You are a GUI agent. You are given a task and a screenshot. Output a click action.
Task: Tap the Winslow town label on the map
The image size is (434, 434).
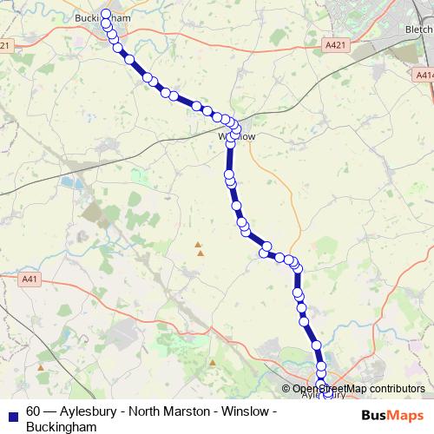(x=237, y=136)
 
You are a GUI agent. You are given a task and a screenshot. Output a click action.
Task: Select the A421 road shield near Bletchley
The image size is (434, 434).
(x=335, y=44)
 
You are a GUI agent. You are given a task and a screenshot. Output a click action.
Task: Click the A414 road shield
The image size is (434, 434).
(x=424, y=76)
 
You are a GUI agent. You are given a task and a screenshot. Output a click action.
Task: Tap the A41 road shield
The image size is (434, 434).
(x=30, y=279)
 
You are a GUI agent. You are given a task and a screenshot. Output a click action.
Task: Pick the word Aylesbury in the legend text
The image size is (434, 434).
(x=88, y=411)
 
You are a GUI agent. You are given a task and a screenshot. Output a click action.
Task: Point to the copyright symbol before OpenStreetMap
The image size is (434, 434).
(x=286, y=389)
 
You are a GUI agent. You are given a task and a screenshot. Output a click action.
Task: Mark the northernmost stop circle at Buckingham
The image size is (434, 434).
(x=106, y=13)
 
